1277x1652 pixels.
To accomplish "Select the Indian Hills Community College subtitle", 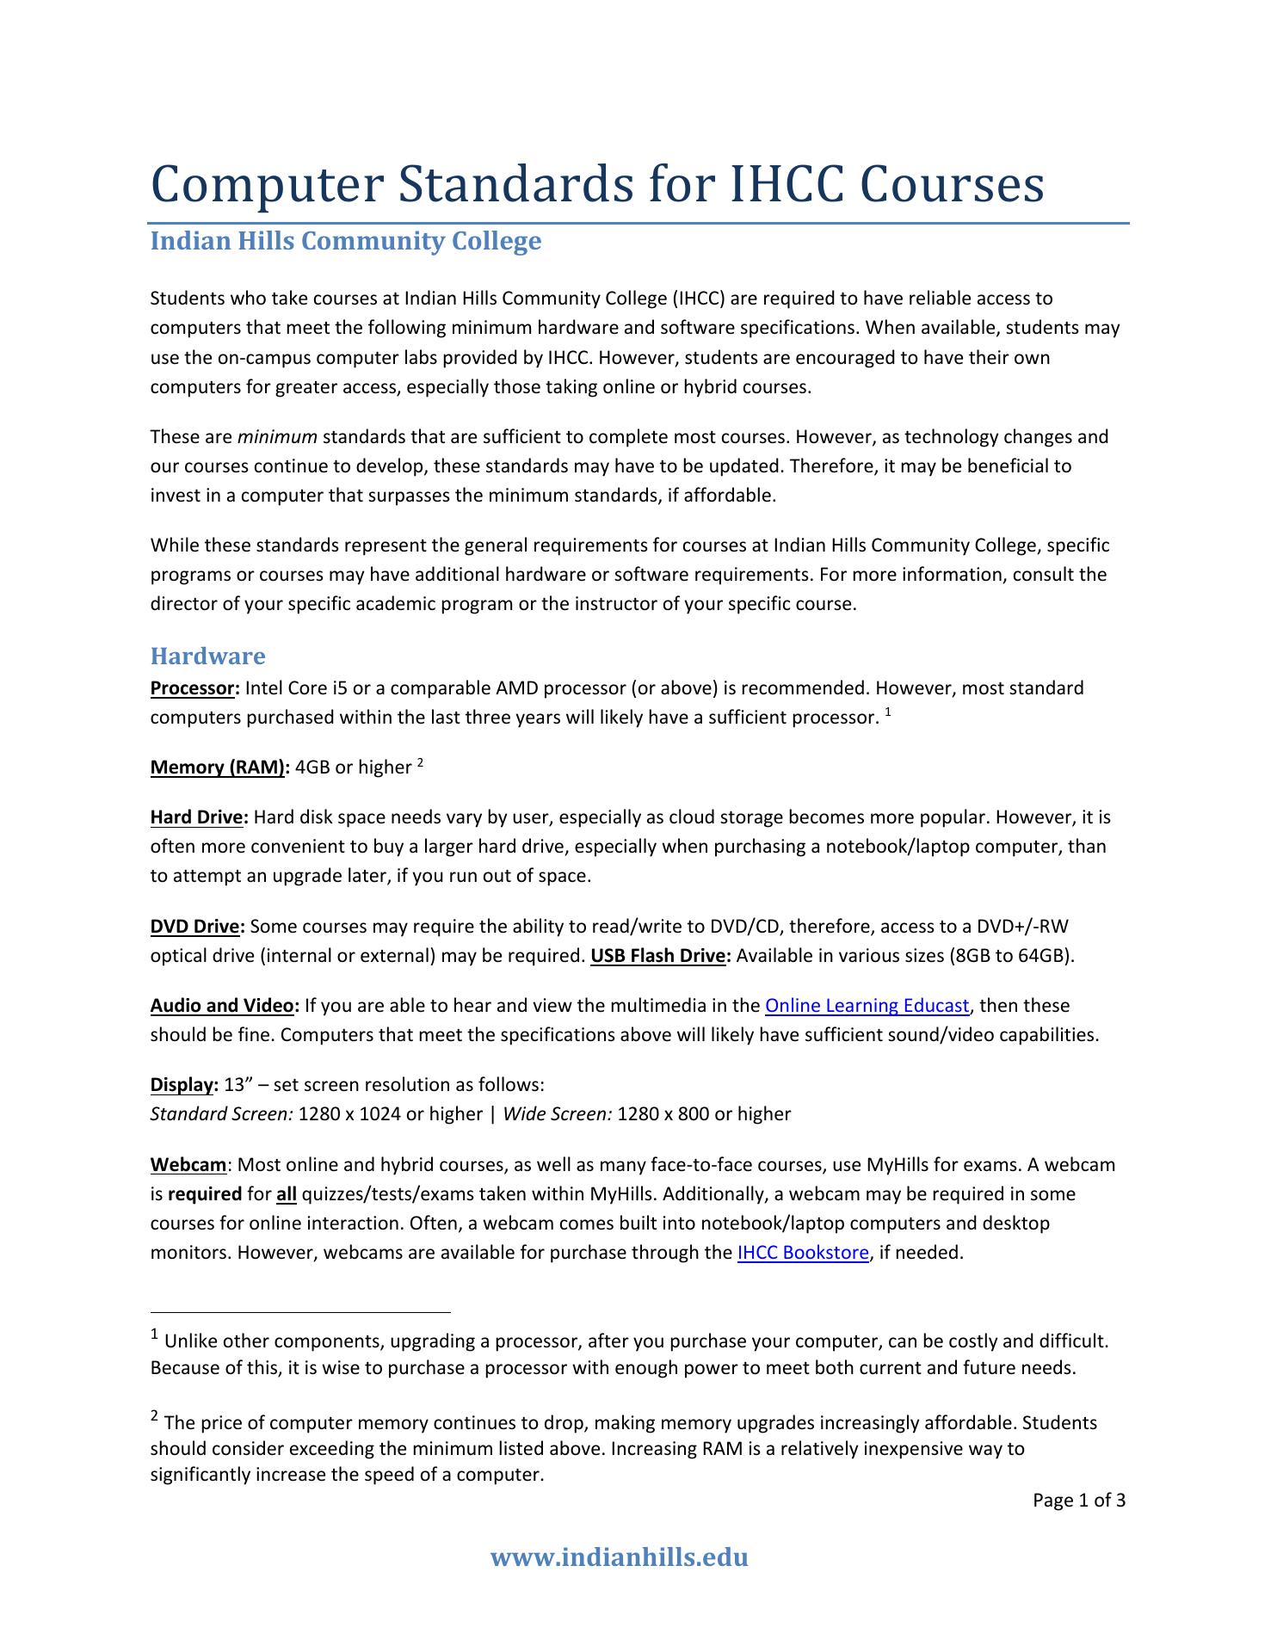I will pyautogui.click(x=346, y=241).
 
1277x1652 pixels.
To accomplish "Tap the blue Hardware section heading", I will pyautogui.click(x=207, y=656).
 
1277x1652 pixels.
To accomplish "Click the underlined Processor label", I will pyautogui.click(x=194, y=688).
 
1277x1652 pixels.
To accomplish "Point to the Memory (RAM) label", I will pyautogui.click(x=219, y=767).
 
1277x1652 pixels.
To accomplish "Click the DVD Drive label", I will pyautogui.click(x=196, y=927).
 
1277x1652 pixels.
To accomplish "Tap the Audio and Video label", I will pyautogui.click(x=224, y=1006).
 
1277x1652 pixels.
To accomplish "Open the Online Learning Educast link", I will pyautogui.click(x=867, y=1006).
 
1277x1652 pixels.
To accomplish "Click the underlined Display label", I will pyautogui.click(x=182, y=1085).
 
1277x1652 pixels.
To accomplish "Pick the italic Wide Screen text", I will pyautogui.click(x=557, y=1114).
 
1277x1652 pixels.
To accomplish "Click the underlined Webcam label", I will pyautogui.click(x=188, y=1165).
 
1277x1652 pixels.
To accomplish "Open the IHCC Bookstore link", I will pyautogui.click(x=803, y=1253).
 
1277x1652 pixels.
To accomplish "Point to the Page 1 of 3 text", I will pyautogui.click(x=1079, y=1501).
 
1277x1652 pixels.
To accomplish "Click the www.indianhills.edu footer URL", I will pyautogui.click(x=619, y=1557).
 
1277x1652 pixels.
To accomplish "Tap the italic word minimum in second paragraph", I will pyautogui.click(x=277, y=437).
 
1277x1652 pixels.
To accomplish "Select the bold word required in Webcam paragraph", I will pyautogui.click(x=205, y=1194).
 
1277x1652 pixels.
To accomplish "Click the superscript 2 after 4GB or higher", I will pyautogui.click(x=420, y=762).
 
